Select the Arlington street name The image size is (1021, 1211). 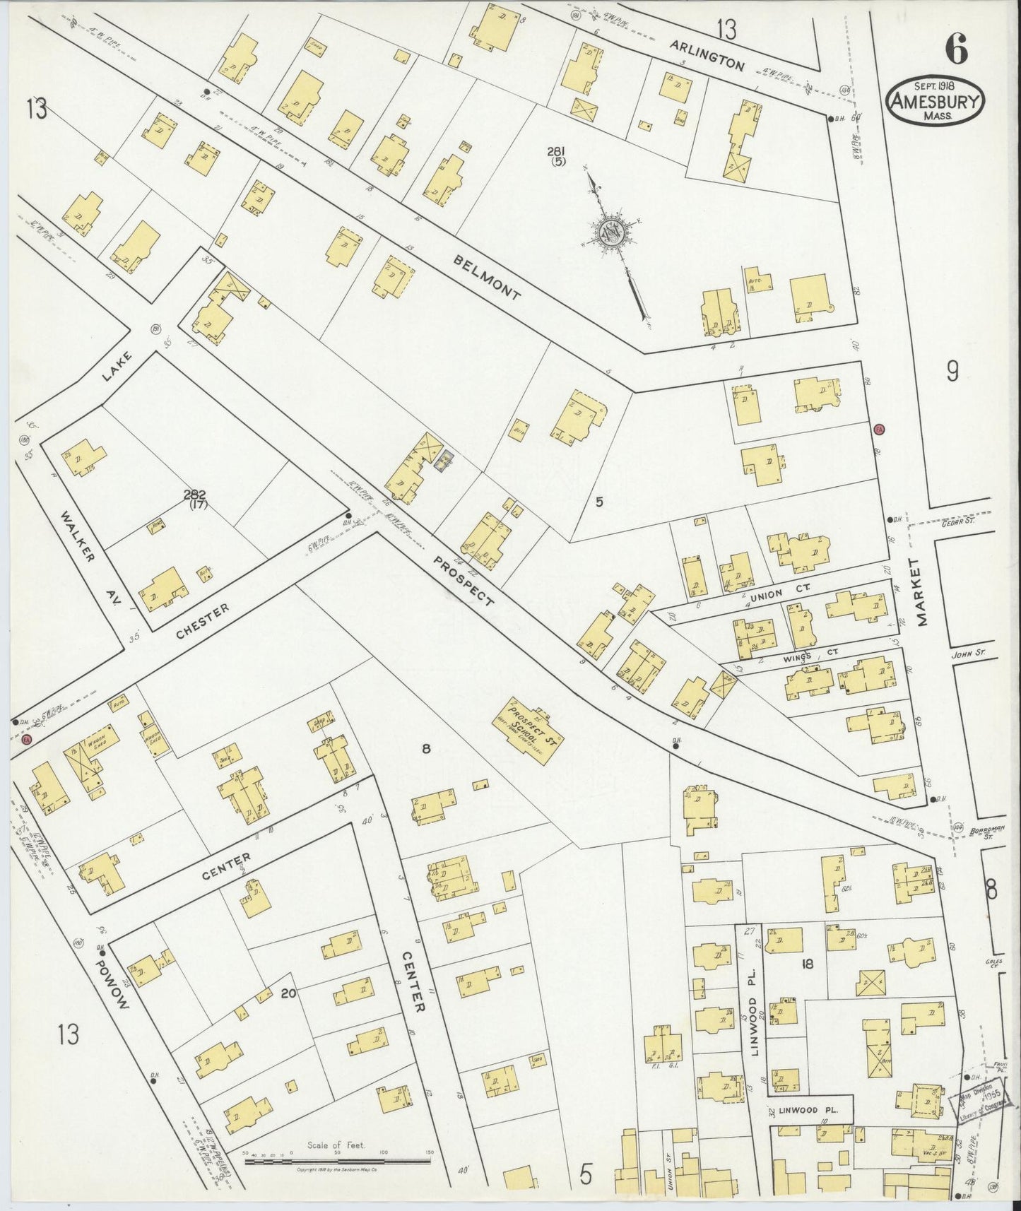[x=707, y=55]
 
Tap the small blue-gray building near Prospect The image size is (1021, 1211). [x=443, y=463]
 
